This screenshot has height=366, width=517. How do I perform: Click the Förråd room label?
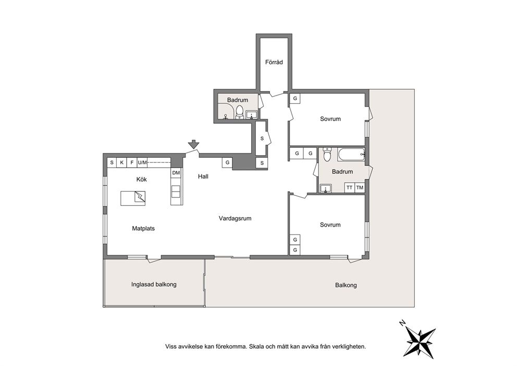click(274, 62)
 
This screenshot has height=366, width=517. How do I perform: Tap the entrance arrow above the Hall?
click(193, 144)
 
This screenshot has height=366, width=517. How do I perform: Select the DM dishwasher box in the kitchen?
click(176, 173)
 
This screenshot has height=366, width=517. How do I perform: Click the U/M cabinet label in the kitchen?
click(142, 162)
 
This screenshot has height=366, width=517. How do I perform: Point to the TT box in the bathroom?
click(350, 187)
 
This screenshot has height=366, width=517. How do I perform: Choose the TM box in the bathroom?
click(360, 187)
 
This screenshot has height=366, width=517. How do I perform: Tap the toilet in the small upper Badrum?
click(239, 112)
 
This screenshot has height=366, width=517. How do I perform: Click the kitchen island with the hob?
click(133, 198)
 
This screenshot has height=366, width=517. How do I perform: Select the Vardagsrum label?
click(235, 218)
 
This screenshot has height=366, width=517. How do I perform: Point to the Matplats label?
click(143, 228)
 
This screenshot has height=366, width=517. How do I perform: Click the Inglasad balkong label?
click(154, 285)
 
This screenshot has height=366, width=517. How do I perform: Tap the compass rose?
click(420, 341)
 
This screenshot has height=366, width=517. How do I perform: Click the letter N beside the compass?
click(402, 323)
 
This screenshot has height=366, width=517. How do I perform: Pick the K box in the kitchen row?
click(121, 162)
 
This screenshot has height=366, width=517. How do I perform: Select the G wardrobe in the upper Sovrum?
click(295, 99)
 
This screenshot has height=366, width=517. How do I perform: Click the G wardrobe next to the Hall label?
click(228, 162)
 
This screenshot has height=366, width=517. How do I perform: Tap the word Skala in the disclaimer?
click(256, 347)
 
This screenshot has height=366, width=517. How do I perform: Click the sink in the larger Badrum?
click(326, 188)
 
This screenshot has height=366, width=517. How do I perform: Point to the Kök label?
click(141, 180)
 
